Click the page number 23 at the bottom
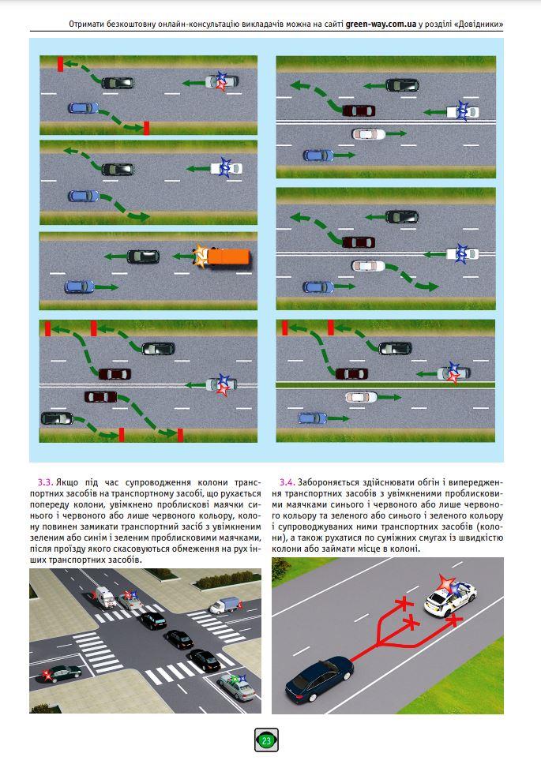pos(266,741)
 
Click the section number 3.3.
pos(45,481)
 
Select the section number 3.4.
pos(287,481)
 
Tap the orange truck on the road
pos(229,257)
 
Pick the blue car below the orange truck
pos(78,286)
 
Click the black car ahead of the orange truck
pos(143,256)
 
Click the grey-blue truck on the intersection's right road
pos(224,605)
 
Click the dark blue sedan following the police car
pos(318,677)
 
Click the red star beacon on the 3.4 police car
pos(448,583)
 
